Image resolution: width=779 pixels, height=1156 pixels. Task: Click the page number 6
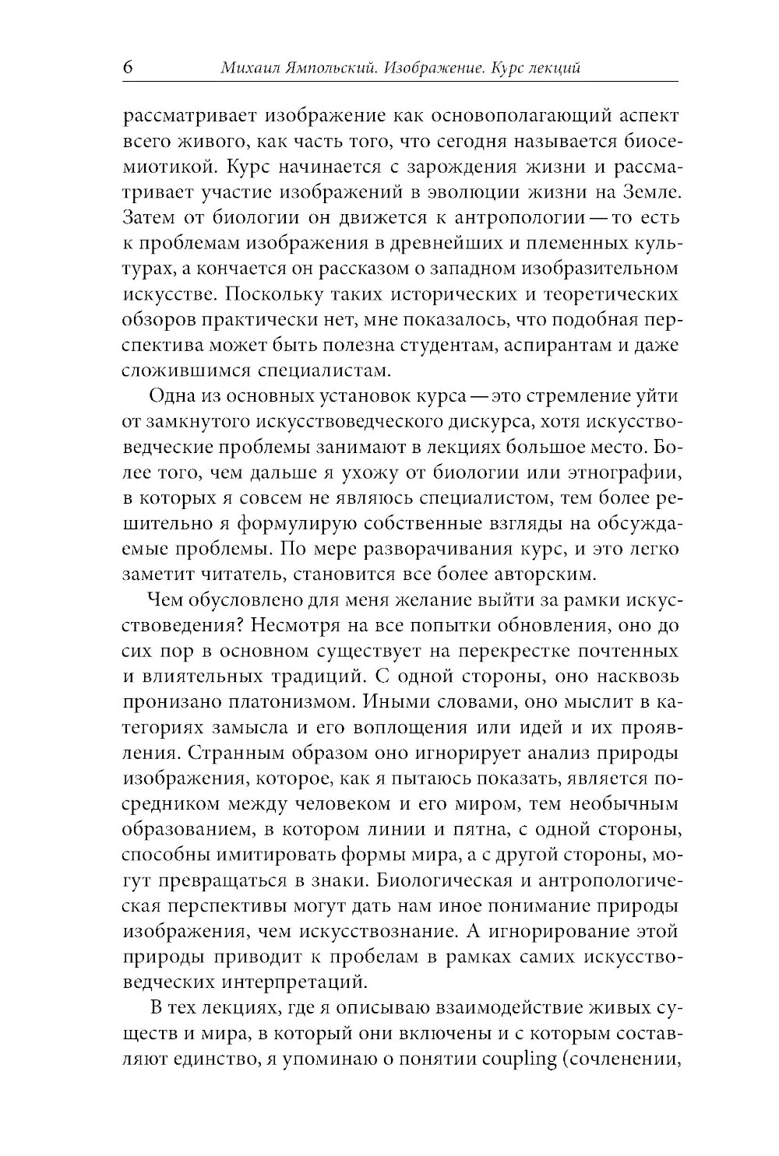pos(128,68)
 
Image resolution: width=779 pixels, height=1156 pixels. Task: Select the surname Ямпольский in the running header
pos(333,69)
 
